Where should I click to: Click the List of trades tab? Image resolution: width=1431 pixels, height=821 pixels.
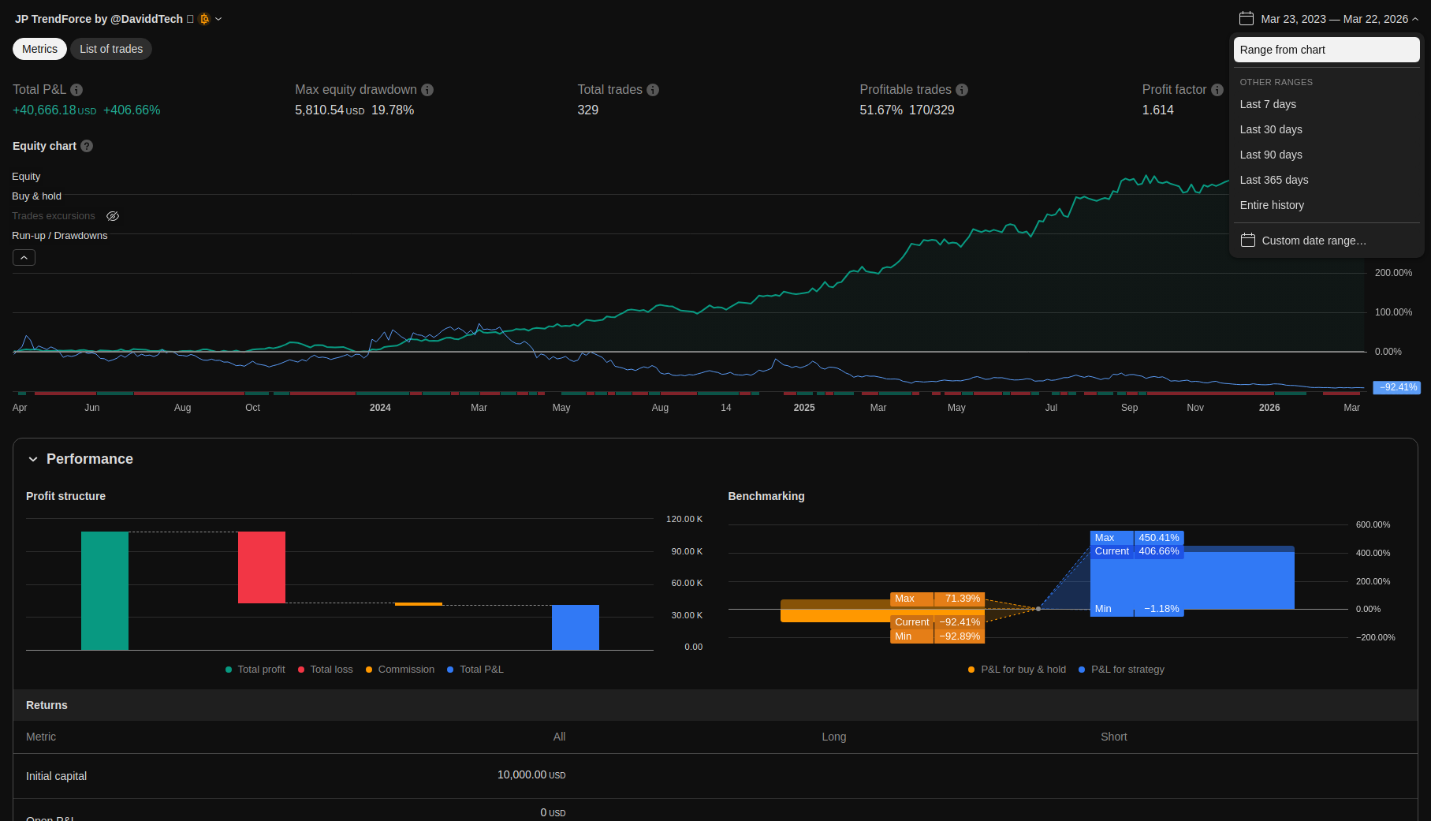(x=111, y=49)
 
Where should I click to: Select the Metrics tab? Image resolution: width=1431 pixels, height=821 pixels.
(x=39, y=49)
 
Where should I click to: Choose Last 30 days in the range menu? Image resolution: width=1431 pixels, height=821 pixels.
(x=1270, y=129)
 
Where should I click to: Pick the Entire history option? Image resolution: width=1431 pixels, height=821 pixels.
(x=1271, y=205)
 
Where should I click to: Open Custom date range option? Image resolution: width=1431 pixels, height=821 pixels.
(x=1313, y=241)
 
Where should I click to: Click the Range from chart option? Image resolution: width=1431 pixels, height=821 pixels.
(x=1325, y=50)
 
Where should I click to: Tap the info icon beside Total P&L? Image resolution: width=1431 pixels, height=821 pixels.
(x=76, y=90)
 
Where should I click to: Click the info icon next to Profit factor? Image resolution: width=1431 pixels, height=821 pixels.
(x=1217, y=90)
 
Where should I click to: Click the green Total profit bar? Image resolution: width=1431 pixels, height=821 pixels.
(x=105, y=590)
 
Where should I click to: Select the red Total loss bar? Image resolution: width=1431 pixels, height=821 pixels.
(x=262, y=567)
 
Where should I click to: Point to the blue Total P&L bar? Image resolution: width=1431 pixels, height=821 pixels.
(x=576, y=627)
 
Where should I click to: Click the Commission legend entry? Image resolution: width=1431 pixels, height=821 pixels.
(x=405, y=670)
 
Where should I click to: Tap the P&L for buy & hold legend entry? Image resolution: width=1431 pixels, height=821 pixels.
(x=1023, y=670)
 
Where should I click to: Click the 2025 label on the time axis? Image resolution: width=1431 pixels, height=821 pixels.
(x=803, y=408)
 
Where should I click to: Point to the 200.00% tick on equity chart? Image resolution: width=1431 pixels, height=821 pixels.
(x=1393, y=273)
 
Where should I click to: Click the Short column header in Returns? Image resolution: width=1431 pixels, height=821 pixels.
(x=1113, y=737)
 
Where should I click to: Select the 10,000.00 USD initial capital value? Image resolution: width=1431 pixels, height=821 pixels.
(x=531, y=775)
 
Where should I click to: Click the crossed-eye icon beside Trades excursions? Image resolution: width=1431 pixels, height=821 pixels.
(x=113, y=216)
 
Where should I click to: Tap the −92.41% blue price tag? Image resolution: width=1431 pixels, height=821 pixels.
(x=1397, y=387)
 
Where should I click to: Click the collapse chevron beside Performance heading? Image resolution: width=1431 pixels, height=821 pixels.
(x=33, y=459)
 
